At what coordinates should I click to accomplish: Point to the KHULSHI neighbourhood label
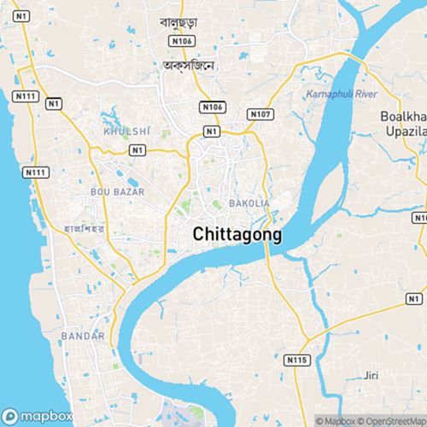point(125,132)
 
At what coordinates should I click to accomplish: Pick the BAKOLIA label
point(249,203)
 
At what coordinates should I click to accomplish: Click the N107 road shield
point(260,113)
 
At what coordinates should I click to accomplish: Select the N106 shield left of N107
point(213,107)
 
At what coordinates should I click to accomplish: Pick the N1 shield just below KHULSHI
point(137,149)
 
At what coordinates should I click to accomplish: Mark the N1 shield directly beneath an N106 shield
point(211,131)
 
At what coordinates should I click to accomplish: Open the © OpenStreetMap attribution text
point(393,420)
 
